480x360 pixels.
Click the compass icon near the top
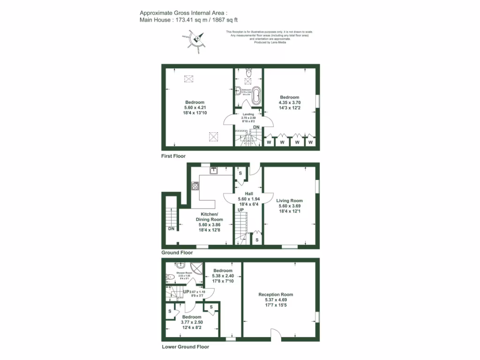(197, 40)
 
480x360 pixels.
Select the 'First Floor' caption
(173, 156)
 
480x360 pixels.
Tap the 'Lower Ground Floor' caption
(185, 347)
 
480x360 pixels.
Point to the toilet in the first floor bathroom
(249, 73)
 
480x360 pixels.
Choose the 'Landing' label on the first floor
(248, 113)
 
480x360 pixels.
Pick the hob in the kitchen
(195, 186)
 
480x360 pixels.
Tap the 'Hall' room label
(248, 193)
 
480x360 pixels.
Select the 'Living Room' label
(289, 201)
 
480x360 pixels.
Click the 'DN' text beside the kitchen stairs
(171, 229)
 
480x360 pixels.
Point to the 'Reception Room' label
(276, 295)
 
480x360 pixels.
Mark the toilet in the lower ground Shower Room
(170, 277)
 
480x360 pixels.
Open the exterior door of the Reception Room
(277, 334)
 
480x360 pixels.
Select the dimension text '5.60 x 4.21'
(194, 108)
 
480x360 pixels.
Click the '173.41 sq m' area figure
(190, 20)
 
